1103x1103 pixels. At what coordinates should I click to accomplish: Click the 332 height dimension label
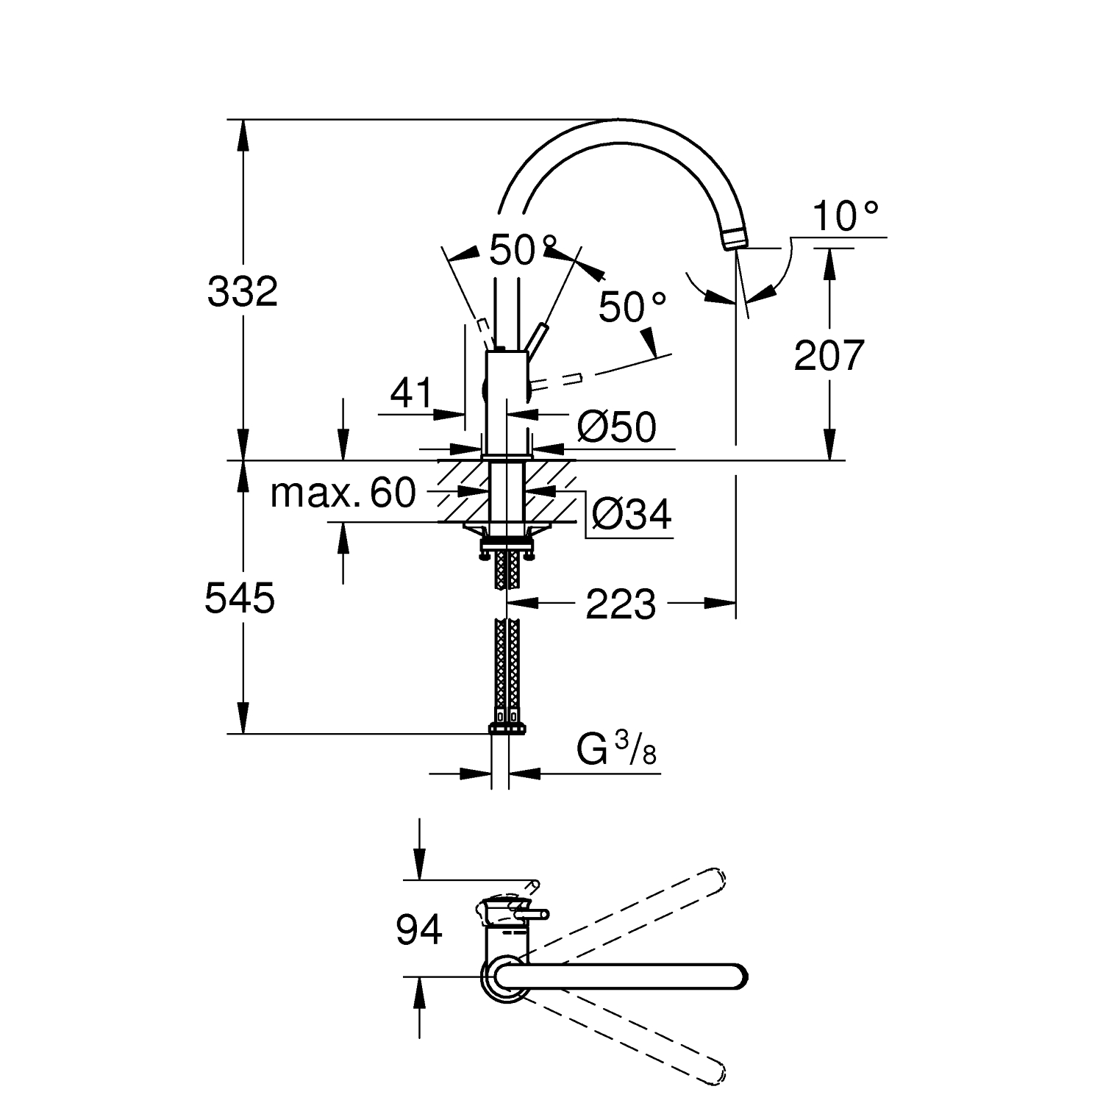point(242,292)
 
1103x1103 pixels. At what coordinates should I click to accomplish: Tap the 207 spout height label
point(829,356)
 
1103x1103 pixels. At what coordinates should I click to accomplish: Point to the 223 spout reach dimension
point(621,604)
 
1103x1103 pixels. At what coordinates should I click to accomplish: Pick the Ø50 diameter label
point(617,426)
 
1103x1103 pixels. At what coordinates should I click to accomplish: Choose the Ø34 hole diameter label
point(632,514)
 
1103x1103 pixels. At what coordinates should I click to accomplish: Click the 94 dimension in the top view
point(419,929)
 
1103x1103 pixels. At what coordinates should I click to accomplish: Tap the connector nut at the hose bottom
point(507,728)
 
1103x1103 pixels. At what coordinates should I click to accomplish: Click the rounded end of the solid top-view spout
point(738,976)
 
